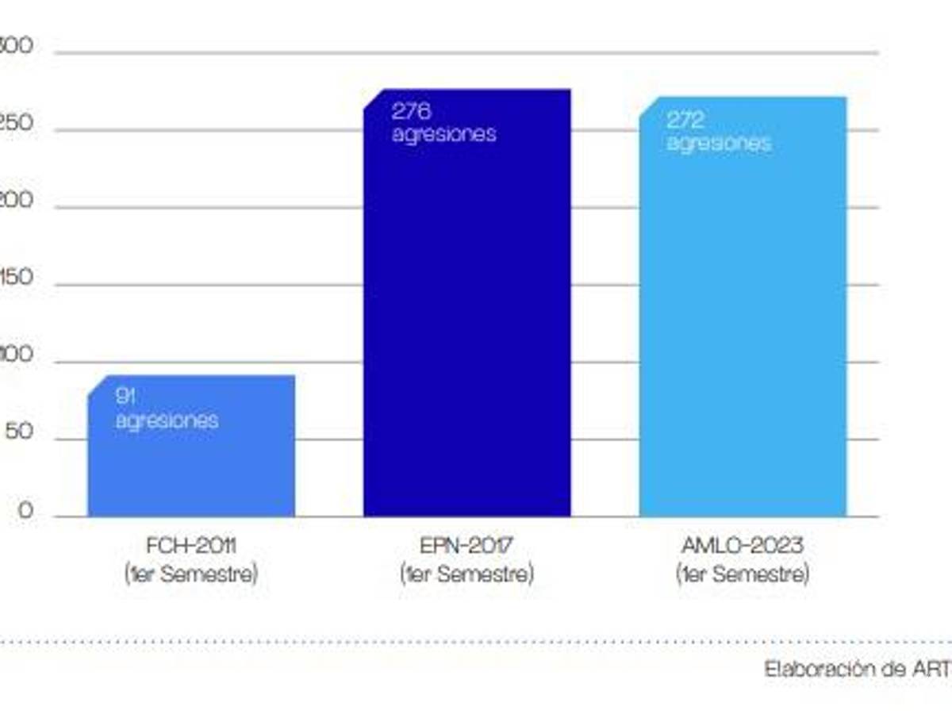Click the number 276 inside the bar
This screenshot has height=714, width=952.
point(411,111)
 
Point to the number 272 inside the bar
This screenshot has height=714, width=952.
point(686,120)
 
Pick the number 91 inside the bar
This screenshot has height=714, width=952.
point(125,396)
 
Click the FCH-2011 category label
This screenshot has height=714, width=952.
point(191,547)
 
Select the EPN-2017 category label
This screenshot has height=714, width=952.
point(466,547)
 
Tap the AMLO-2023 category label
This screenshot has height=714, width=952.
point(743,547)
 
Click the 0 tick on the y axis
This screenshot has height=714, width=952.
point(26,512)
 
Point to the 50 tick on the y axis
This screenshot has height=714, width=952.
point(21,434)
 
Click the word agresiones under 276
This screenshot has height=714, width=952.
point(443,134)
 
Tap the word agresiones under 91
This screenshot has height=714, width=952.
point(167,420)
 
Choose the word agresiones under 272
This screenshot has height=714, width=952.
point(719,144)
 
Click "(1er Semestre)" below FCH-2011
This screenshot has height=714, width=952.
point(191,574)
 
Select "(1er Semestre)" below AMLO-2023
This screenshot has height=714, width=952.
point(743,574)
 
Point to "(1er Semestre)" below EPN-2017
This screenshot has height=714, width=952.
point(466,574)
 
